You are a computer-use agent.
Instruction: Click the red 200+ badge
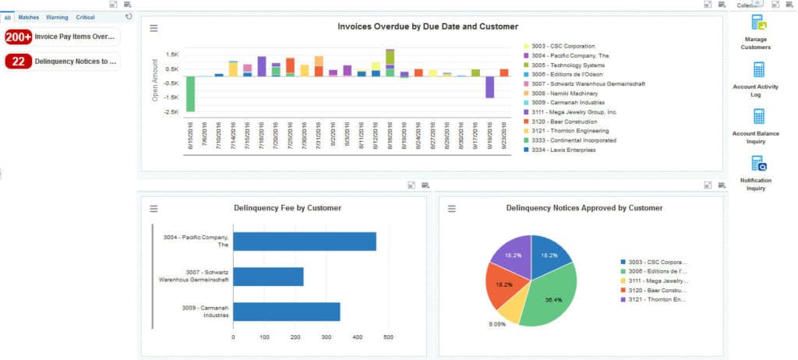click(x=19, y=37)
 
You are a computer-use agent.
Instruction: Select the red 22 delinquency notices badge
click(x=19, y=61)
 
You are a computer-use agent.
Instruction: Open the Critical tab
click(x=85, y=16)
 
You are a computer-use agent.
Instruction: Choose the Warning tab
click(x=57, y=16)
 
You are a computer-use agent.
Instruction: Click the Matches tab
click(x=29, y=16)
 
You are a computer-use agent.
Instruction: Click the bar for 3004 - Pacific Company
click(x=305, y=241)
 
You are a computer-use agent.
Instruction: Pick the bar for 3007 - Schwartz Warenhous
click(x=268, y=276)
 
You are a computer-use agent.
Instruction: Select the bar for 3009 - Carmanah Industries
click(x=287, y=311)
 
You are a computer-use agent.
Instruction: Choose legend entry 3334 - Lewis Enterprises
click(x=563, y=150)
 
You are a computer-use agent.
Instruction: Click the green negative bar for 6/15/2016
click(x=190, y=94)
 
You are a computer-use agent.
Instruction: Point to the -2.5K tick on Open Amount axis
click(x=171, y=112)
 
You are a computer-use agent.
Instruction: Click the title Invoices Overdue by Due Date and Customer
click(x=427, y=26)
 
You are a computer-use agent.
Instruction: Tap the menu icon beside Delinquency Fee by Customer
click(x=154, y=208)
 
